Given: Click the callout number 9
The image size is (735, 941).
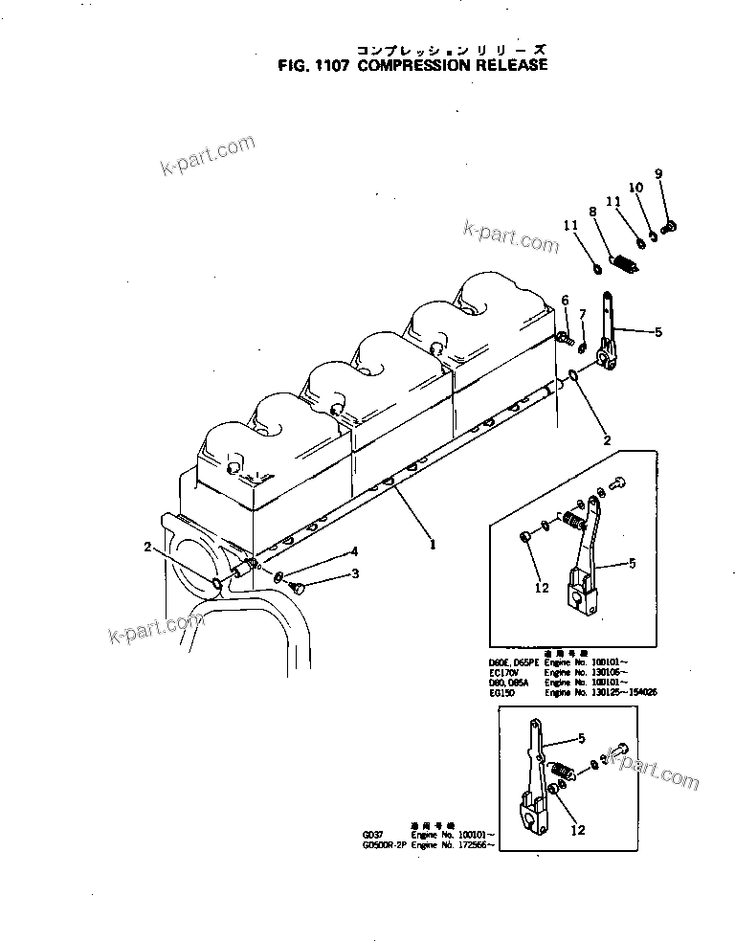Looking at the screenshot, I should (658, 173).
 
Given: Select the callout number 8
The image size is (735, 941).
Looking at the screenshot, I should (593, 212).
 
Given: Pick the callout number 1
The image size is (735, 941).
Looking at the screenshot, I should (433, 545).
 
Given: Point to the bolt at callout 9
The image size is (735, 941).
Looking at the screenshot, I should (669, 226).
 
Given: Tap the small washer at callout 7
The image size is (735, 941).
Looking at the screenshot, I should (583, 344).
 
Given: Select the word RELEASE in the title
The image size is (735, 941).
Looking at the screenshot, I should (512, 66).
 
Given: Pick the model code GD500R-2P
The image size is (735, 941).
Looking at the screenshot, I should (381, 845).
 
